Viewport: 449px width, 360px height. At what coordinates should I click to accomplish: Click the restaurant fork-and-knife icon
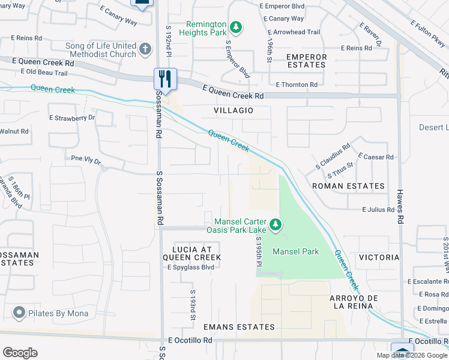pos(165,79)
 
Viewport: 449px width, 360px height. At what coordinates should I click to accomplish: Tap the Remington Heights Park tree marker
pos(237,26)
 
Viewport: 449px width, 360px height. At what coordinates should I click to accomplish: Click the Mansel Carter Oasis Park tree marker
pos(276,224)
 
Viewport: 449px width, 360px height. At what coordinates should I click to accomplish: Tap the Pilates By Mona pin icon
pos(19,313)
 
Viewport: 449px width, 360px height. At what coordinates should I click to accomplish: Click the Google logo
pos(20,353)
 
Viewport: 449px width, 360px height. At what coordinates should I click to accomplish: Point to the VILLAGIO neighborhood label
pos(234,111)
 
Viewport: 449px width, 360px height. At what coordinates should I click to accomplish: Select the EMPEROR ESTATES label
pos(306,61)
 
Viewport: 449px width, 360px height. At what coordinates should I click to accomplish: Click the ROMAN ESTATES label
pos(348,186)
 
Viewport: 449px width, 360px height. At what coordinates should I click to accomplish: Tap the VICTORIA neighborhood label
pos(378,257)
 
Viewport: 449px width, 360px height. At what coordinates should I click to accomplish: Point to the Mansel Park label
pos(296,252)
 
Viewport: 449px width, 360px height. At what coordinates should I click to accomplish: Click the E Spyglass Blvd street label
pos(190,267)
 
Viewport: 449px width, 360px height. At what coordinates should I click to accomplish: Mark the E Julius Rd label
pos(378,210)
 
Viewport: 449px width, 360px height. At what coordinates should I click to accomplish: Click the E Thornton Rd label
pos(293,85)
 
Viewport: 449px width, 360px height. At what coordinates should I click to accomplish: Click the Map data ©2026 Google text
pos(412,355)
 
